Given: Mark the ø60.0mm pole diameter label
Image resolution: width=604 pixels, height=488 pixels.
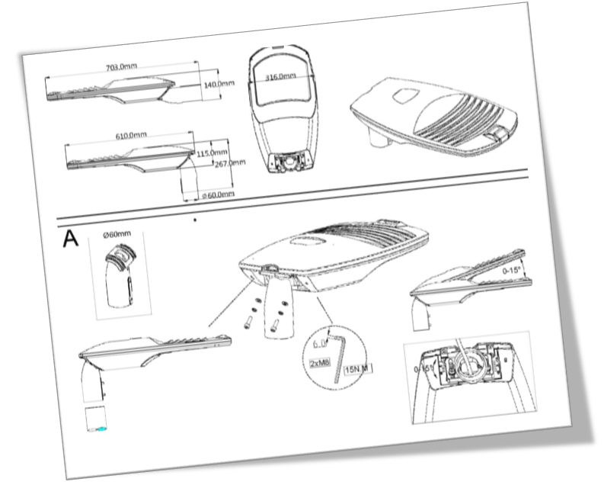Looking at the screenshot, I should (x=218, y=195).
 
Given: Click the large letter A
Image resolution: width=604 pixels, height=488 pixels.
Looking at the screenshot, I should (x=70, y=239).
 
